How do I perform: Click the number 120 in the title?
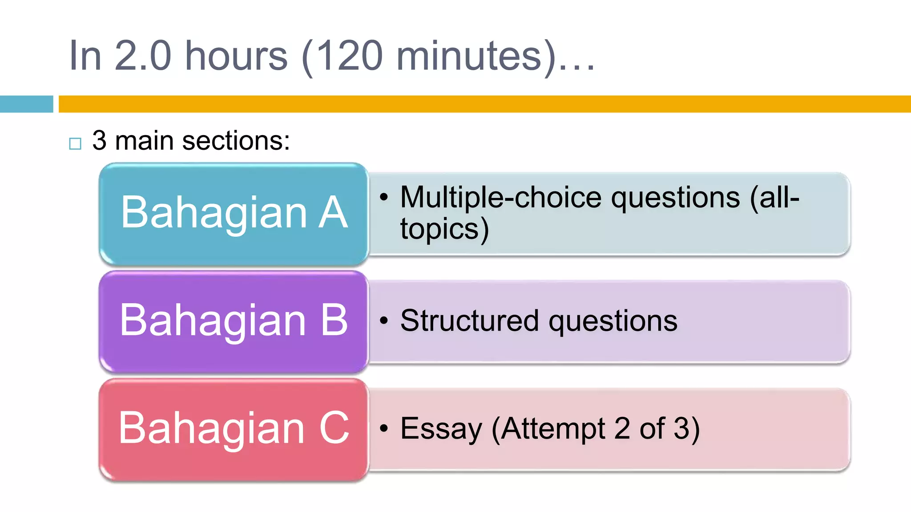tap(350, 56)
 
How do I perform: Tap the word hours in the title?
tap(236, 56)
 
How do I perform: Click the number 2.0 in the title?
tap(143, 56)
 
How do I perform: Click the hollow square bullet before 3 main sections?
tap(75, 144)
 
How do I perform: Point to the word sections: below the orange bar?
tap(236, 141)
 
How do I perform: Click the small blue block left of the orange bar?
tap(26, 104)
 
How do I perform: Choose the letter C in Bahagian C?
tap(334, 428)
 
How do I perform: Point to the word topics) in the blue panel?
tap(444, 229)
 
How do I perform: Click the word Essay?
tap(441, 429)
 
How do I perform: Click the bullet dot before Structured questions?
tap(384, 320)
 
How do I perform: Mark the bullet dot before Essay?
tap(384, 428)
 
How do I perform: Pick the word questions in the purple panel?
tap(613, 321)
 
